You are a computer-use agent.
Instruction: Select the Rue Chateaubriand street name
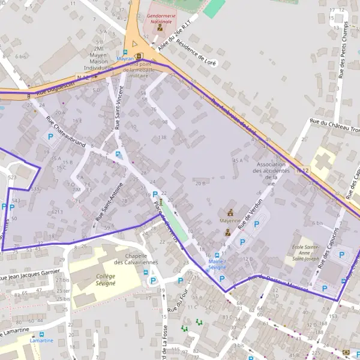click(67, 128)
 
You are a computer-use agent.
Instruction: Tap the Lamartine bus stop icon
click(41, 334)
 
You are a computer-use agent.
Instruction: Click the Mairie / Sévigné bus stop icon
click(217, 256)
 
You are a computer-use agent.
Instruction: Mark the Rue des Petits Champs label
click(343, 51)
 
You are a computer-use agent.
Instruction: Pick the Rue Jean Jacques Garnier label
click(30, 275)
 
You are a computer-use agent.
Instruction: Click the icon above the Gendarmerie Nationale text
click(160, 27)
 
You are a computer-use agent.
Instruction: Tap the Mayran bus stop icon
click(125, 52)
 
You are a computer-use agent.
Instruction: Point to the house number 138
click(162, 138)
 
